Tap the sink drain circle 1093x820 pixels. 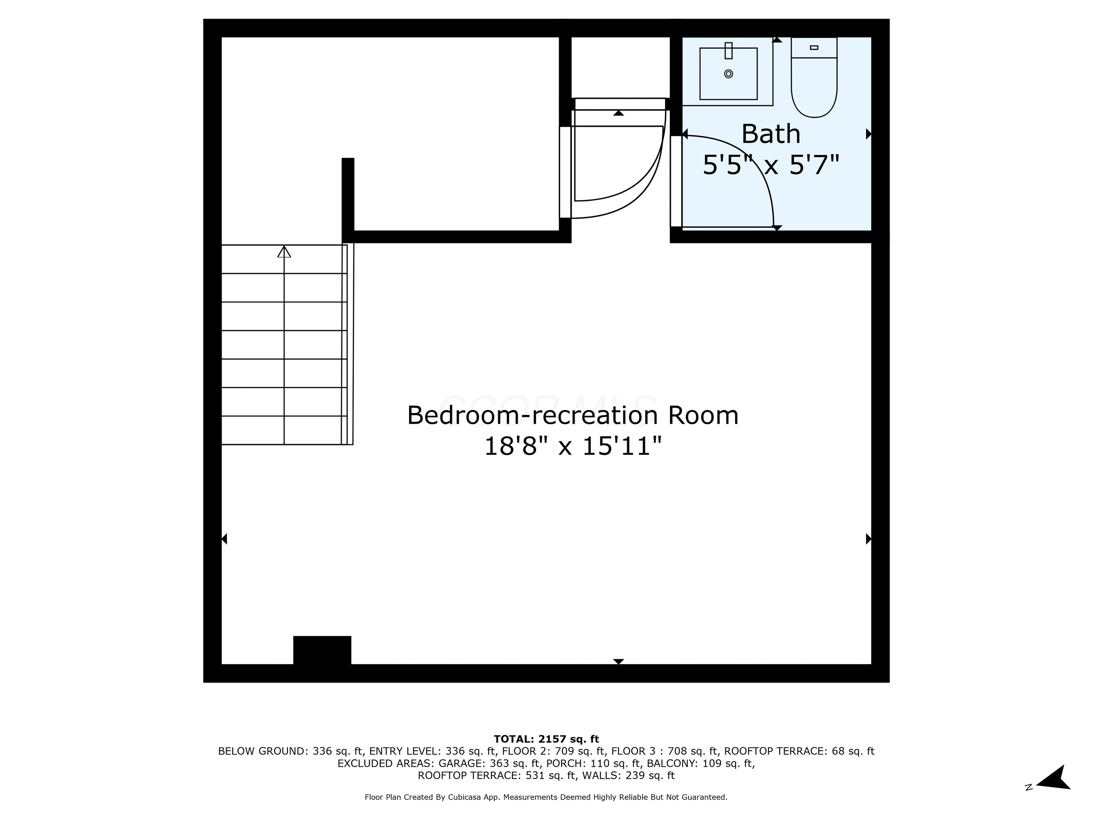coord(728,74)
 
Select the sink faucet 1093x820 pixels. coord(728,51)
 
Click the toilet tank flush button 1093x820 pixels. coord(814,47)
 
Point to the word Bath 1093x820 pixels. coord(771,134)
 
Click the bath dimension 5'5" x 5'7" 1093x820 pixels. coord(771,165)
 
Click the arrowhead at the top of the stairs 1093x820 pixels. coord(284,252)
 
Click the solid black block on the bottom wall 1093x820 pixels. coord(322,651)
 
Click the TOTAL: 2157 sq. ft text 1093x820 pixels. coord(546,739)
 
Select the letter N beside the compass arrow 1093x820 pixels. coord(1029,787)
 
